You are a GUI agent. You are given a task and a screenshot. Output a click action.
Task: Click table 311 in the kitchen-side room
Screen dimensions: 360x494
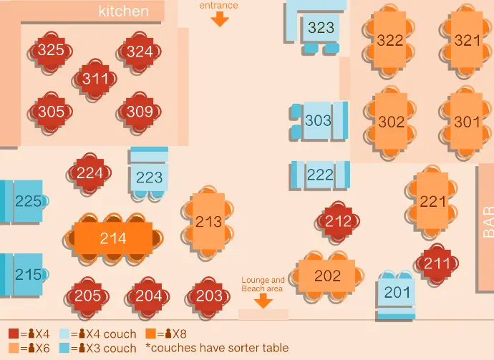pyautogui.click(x=95, y=79)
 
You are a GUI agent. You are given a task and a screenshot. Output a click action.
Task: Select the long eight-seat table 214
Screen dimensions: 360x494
pyautogui.click(x=113, y=238)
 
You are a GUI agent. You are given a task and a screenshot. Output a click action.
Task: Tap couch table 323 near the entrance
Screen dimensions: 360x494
pyautogui.click(x=321, y=28)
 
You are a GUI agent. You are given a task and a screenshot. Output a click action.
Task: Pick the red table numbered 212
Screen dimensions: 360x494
pyautogui.click(x=338, y=222)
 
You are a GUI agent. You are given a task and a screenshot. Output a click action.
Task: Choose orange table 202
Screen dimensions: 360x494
pyautogui.click(x=327, y=276)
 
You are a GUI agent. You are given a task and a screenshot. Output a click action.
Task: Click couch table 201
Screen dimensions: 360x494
pyautogui.click(x=397, y=292)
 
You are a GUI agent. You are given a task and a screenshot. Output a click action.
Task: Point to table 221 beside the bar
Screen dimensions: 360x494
pyautogui.click(x=432, y=202)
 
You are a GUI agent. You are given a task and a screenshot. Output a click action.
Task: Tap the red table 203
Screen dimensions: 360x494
pyautogui.click(x=209, y=296)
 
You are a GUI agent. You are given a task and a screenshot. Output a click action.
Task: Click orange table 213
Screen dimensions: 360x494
pyautogui.click(x=208, y=222)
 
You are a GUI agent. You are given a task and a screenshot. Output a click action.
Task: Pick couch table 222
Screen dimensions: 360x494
pyautogui.click(x=320, y=175)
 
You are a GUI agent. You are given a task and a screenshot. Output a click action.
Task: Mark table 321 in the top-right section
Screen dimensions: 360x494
pyautogui.click(x=468, y=41)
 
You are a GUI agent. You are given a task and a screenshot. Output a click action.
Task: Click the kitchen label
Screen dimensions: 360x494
pyautogui.click(x=124, y=11)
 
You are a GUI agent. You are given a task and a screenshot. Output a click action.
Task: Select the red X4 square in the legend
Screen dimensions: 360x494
pyautogui.click(x=14, y=334)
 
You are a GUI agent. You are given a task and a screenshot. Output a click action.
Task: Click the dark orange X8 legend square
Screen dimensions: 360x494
pyautogui.click(x=151, y=334)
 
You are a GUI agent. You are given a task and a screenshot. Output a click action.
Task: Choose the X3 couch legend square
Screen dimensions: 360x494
pyautogui.click(x=64, y=348)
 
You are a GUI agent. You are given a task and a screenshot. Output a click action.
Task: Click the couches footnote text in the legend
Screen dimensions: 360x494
pyautogui.click(x=217, y=348)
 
